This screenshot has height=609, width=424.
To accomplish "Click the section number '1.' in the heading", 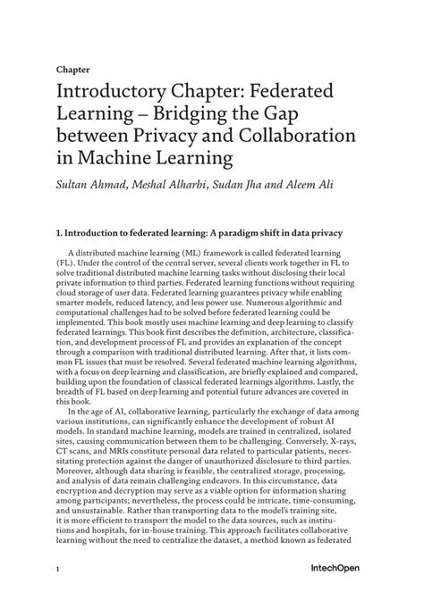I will click(59, 233).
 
